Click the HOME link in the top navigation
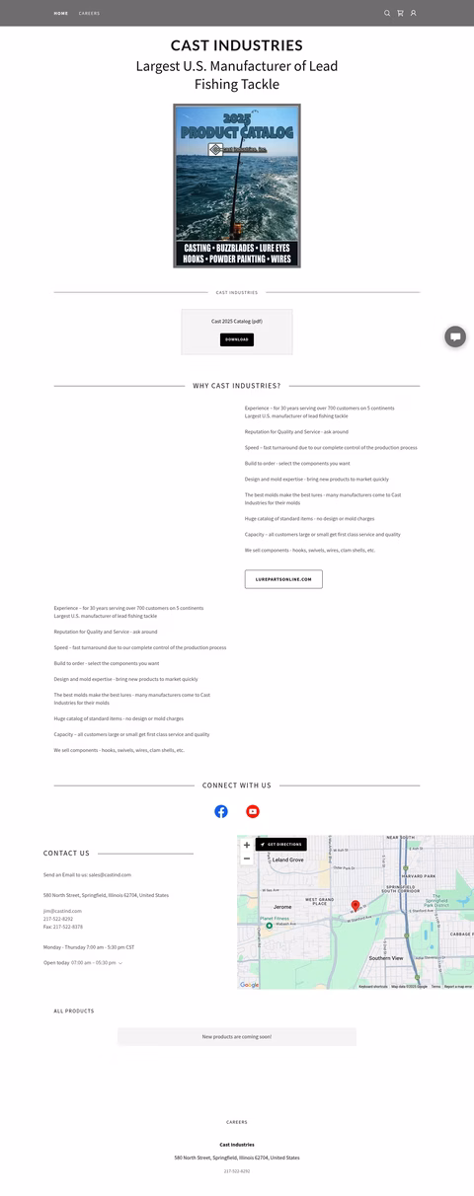click(61, 14)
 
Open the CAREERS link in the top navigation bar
click(89, 14)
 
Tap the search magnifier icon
click(387, 14)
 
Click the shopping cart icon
click(400, 14)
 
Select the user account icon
click(413, 14)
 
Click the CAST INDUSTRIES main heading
click(237, 45)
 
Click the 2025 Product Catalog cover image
click(237, 186)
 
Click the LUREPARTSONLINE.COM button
click(283, 579)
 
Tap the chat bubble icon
click(455, 336)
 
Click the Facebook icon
click(221, 811)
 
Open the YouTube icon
click(253, 811)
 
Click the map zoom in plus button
click(247, 845)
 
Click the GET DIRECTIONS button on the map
click(281, 845)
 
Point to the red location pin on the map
click(355, 905)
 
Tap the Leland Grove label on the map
click(287, 860)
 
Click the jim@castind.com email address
click(62, 911)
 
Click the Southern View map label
click(386, 958)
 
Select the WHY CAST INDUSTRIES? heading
click(237, 386)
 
